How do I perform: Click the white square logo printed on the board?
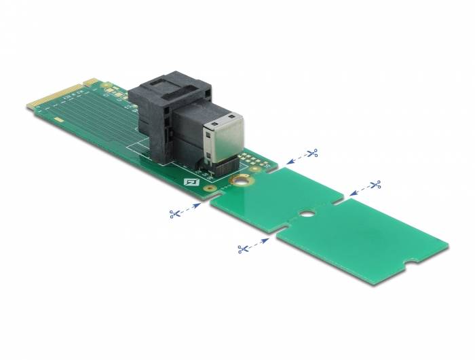pyautogui.click(x=191, y=181)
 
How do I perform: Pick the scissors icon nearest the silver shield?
pyautogui.click(x=312, y=154)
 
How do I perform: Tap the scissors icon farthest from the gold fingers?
pyautogui.click(x=375, y=185)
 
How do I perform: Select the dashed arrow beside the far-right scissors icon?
pyautogui.click(x=358, y=191)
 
